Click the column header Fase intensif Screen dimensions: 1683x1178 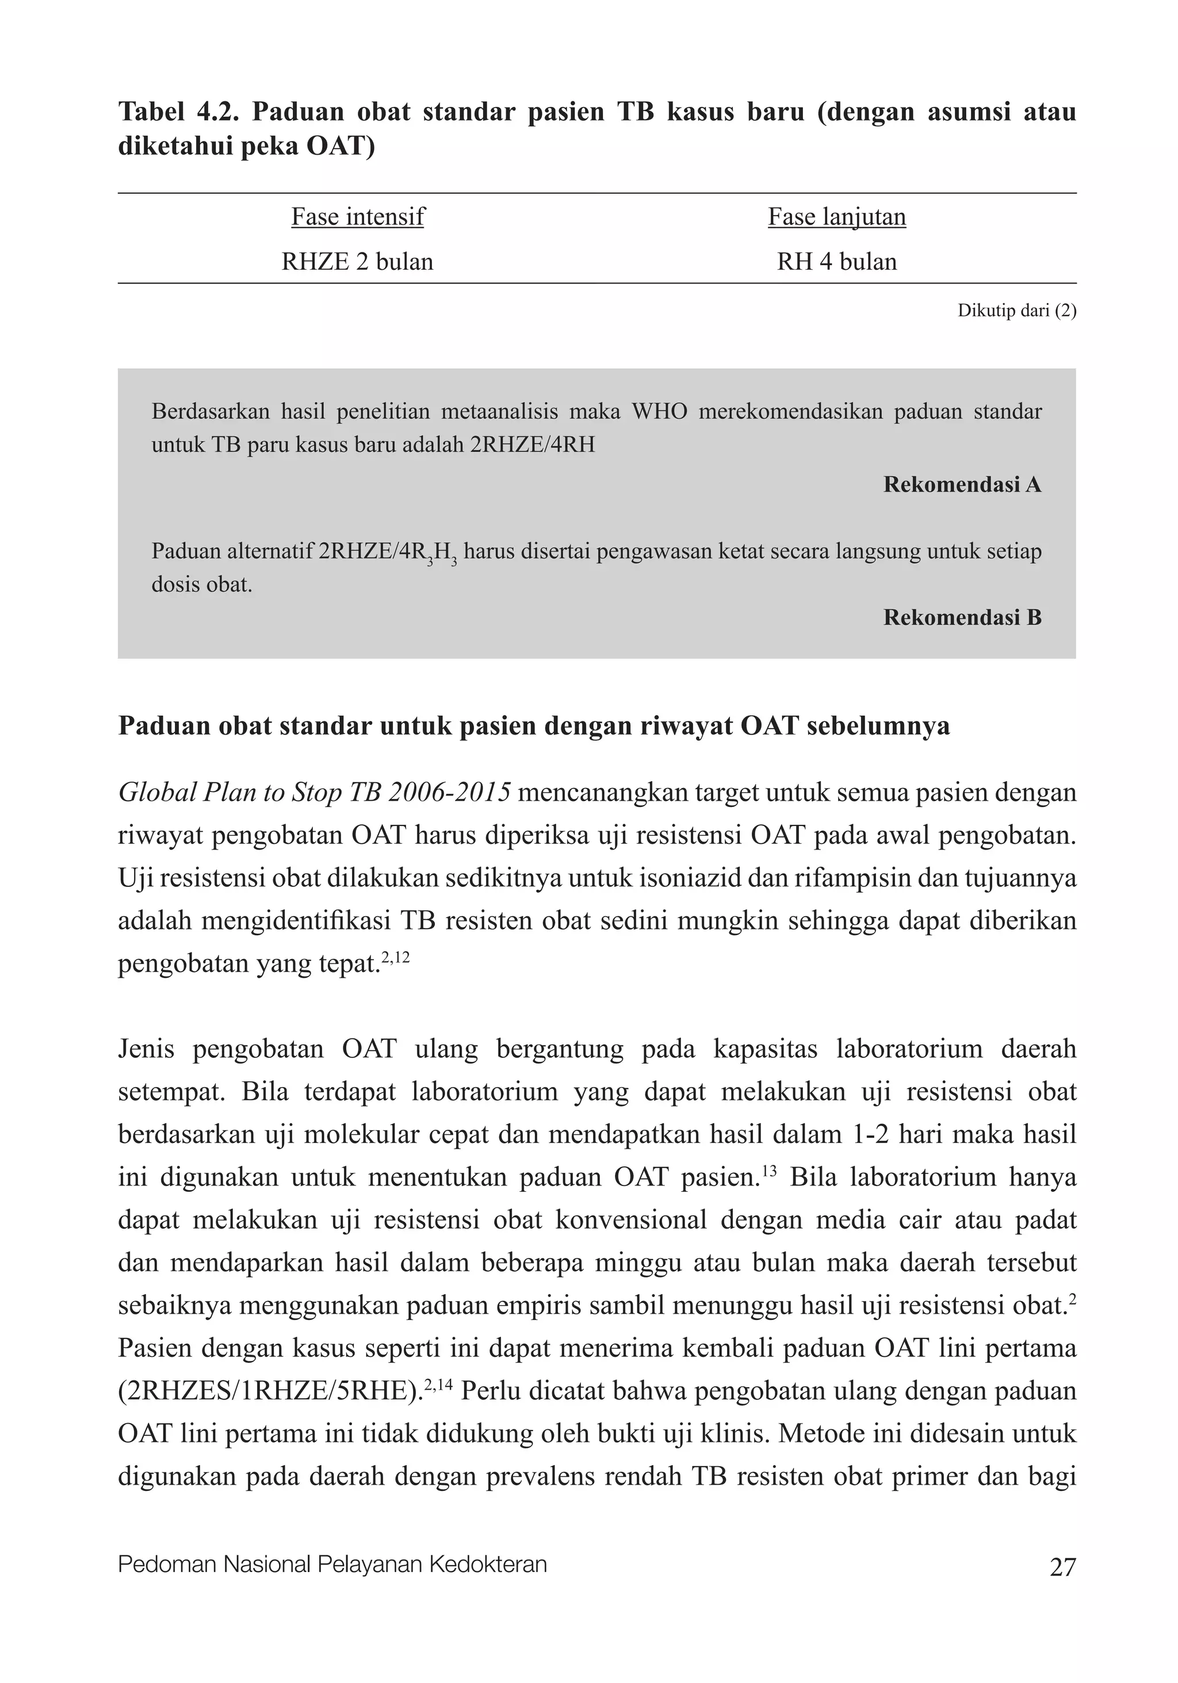pos(358,217)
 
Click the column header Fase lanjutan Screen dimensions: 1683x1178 pos(836,217)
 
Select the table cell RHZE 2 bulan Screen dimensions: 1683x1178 pos(358,262)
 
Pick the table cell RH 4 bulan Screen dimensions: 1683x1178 pos(836,262)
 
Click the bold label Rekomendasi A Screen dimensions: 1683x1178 pos(962,484)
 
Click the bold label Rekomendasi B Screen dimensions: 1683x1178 pos(962,617)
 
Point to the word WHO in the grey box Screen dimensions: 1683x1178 pos(659,411)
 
